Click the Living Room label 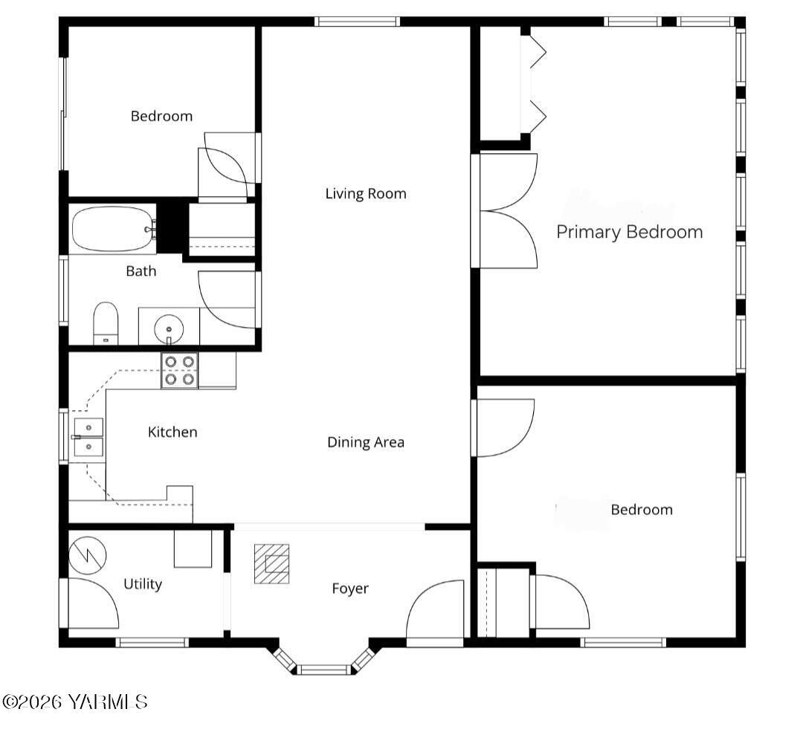(x=366, y=194)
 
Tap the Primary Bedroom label (x=629, y=232)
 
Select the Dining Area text (x=366, y=442)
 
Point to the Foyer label (x=349, y=589)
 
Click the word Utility (x=143, y=584)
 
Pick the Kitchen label (x=172, y=432)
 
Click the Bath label (x=141, y=271)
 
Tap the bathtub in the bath (x=112, y=230)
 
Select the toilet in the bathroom (x=106, y=324)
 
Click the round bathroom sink (x=169, y=328)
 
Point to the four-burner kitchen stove (x=180, y=370)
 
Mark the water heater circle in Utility (x=88, y=554)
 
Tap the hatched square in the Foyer (x=271, y=563)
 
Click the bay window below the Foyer (x=324, y=669)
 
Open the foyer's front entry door (x=434, y=611)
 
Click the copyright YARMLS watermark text (x=75, y=702)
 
